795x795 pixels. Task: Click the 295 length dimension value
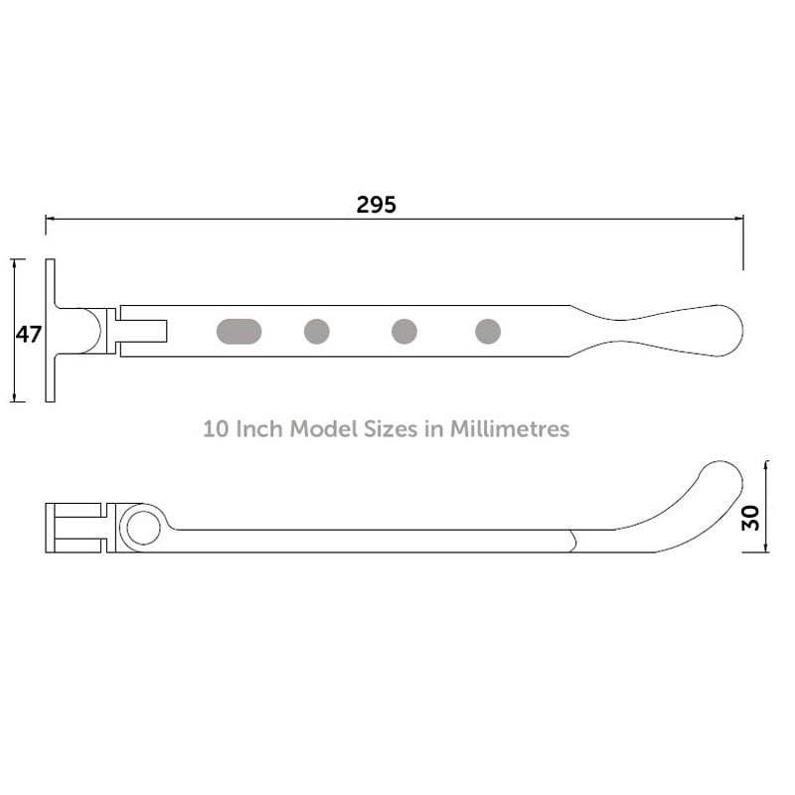[x=376, y=205]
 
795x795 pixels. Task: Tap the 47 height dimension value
[x=28, y=334]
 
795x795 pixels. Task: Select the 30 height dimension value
[x=751, y=517]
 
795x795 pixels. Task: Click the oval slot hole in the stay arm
[x=240, y=331]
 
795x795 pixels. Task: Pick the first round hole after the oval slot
[x=317, y=331]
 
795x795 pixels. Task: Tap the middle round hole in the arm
[x=403, y=331]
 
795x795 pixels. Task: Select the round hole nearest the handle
[x=488, y=331]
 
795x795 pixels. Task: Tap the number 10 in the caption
[x=215, y=429]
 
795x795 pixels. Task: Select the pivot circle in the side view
[x=143, y=528]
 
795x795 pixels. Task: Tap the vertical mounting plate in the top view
[x=50, y=331]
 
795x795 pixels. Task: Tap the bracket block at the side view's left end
[x=78, y=528]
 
